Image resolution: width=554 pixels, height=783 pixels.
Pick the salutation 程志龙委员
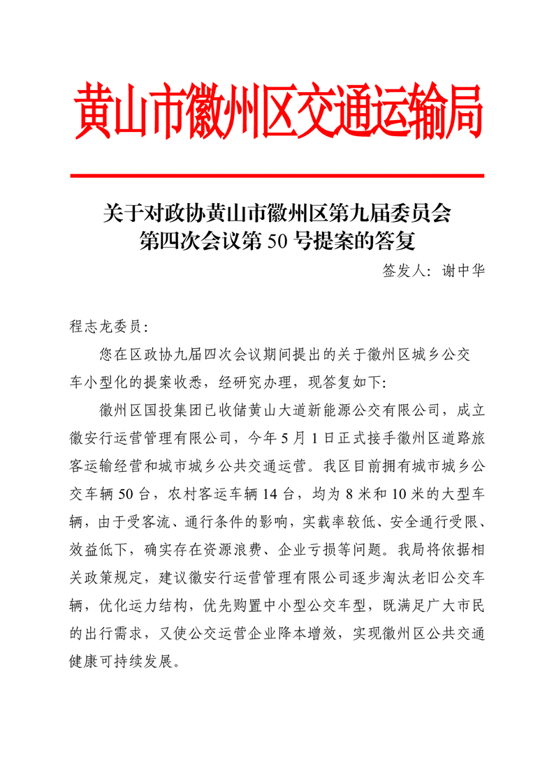pos(105,326)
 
